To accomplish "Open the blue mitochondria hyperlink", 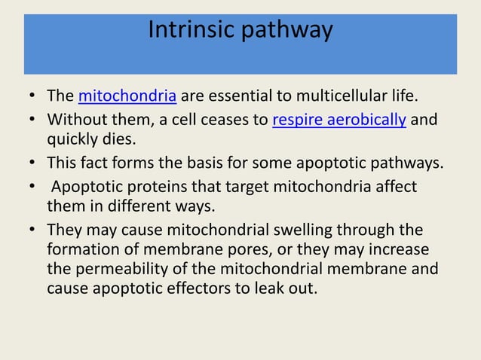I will pos(128,96).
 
